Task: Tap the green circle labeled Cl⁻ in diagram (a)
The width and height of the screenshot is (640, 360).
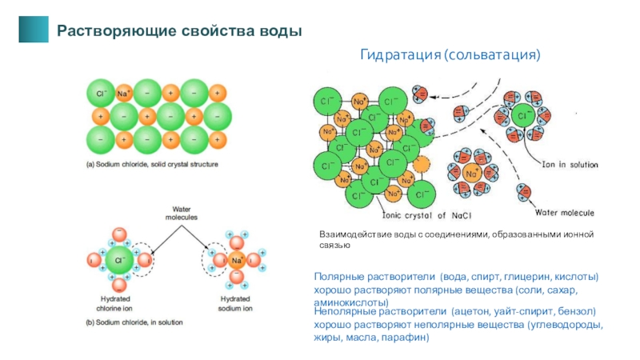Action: (x=102, y=93)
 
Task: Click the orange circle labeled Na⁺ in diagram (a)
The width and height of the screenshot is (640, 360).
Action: (x=124, y=93)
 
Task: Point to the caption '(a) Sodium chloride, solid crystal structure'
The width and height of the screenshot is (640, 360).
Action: (x=152, y=164)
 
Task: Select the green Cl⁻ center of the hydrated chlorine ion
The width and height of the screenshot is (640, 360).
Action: (x=119, y=260)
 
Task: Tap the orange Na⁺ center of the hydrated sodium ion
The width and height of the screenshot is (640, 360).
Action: (x=237, y=261)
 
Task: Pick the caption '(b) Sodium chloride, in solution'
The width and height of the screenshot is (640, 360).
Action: (x=134, y=322)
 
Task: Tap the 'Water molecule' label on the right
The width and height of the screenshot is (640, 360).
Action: (x=564, y=213)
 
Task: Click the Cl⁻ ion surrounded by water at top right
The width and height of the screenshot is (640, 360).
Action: (x=522, y=118)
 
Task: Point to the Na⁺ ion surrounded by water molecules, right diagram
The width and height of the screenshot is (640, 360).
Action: (x=473, y=173)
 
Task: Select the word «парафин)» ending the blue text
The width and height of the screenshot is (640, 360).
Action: (x=406, y=338)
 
